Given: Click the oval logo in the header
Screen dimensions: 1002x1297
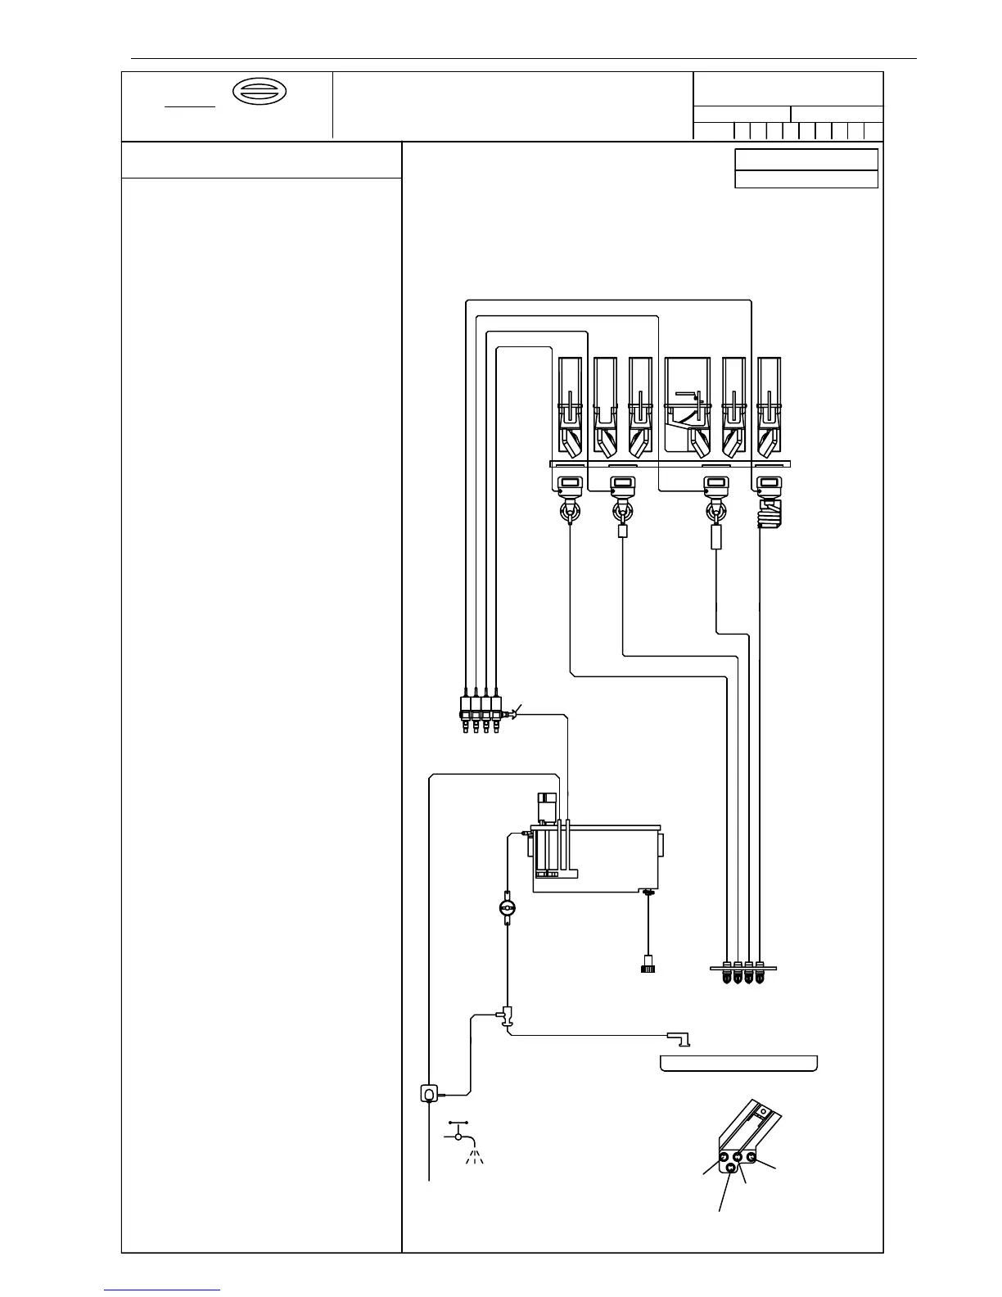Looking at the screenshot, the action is (260, 93).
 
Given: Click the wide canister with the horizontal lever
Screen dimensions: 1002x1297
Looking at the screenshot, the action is (687, 404).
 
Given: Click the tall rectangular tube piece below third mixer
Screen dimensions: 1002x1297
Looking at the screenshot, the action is (716, 538).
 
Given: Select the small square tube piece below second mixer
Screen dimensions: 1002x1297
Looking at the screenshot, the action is (623, 531).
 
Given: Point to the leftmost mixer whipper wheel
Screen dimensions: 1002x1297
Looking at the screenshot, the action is (570, 513).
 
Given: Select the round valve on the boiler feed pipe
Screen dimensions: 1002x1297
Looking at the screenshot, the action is (508, 908).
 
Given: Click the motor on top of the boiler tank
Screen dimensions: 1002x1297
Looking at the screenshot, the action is (545, 807).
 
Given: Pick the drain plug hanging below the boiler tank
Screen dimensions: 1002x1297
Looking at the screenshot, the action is (648, 964).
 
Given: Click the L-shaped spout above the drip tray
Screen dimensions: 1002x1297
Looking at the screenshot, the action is (679, 1039).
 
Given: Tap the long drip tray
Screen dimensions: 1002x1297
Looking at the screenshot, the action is (738, 1064).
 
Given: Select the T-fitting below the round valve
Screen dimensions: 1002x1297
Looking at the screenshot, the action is (508, 1015).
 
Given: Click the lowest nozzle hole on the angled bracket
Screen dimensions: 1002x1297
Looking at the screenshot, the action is (732, 1169).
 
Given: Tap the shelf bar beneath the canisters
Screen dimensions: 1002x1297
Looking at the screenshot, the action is (670, 463).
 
